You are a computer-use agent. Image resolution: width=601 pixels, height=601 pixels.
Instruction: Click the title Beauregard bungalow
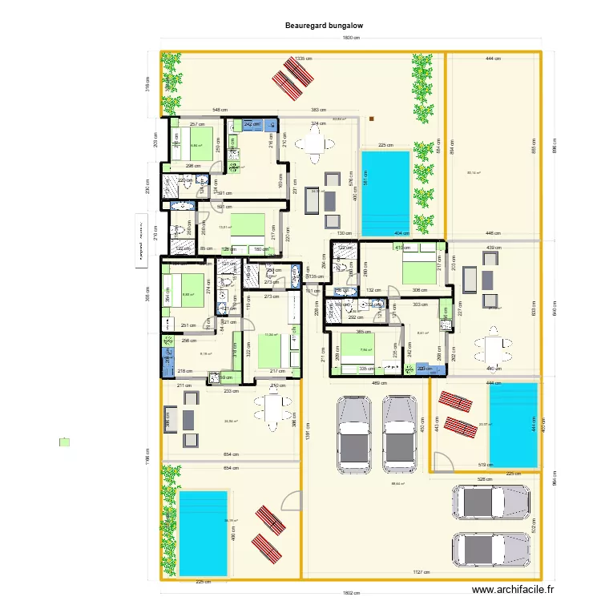point(324,26)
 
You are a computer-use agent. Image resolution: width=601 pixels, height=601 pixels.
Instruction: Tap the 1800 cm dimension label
point(350,38)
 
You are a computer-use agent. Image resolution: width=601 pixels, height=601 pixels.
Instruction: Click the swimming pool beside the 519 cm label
point(512,425)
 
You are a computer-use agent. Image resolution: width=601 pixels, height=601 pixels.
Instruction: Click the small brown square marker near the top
point(372,119)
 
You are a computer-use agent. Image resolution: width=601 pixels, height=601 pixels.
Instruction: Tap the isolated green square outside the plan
point(64,442)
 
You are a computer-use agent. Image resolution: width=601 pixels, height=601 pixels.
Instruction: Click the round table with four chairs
point(312,145)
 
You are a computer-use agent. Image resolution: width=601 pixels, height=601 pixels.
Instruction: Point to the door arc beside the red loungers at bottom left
point(286,501)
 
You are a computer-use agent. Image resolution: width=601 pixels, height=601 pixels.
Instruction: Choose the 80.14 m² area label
point(474,172)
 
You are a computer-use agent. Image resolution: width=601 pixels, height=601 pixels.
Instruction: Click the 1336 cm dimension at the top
point(302,58)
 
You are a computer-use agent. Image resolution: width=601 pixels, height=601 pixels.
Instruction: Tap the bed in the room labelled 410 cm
point(418,264)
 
